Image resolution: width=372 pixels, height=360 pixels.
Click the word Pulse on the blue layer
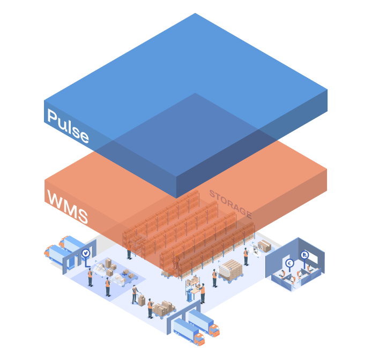(x=68, y=126)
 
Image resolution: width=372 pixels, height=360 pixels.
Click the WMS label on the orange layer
(x=67, y=207)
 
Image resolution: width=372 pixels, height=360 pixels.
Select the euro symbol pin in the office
(x=290, y=263)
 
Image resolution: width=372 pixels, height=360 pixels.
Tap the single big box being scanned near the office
(x=264, y=246)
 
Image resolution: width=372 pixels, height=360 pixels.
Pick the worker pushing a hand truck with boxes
(x=135, y=294)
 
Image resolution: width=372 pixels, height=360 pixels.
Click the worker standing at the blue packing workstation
(x=203, y=293)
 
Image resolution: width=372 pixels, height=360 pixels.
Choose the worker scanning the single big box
(x=246, y=256)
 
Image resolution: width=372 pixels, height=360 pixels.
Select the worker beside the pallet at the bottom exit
(x=150, y=307)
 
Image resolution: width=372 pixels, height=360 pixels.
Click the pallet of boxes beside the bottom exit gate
(x=162, y=308)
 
